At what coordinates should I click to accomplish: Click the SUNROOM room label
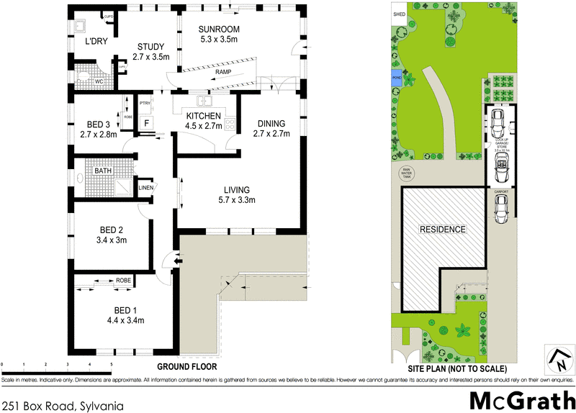220,29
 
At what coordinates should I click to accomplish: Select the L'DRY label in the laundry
96,42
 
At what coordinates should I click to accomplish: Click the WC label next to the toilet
99,81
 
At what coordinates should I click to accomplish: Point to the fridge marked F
146,123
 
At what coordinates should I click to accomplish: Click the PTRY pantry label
145,102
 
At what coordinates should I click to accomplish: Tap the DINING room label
271,123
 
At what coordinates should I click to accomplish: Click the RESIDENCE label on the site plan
444,230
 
